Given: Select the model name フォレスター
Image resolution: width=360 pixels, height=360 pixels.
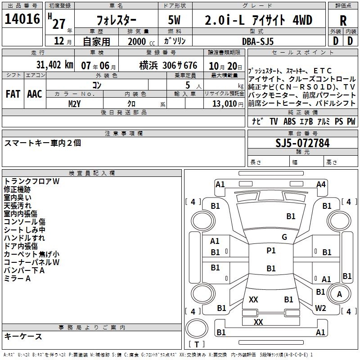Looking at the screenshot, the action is [116, 21].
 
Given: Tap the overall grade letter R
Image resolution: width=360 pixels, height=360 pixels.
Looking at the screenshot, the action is [343, 20].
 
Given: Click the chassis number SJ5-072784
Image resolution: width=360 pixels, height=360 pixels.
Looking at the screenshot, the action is [302, 144].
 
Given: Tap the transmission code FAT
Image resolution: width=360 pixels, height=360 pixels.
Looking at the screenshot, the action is [13, 94].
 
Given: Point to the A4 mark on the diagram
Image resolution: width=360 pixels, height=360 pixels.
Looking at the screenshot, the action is [321, 184].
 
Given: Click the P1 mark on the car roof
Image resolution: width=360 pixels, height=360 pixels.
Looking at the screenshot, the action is [271, 251].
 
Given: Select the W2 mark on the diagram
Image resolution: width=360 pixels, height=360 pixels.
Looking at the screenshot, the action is [320, 308].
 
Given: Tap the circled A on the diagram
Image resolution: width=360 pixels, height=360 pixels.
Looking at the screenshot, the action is [340, 294].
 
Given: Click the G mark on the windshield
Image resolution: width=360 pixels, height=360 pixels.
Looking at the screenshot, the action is [284, 237].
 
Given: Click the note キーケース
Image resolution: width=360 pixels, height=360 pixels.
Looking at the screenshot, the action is [23, 336].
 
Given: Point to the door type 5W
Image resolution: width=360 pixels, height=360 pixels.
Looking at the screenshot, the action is [175, 20].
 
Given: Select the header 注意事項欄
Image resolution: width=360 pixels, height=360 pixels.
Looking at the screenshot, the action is [124, 134].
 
